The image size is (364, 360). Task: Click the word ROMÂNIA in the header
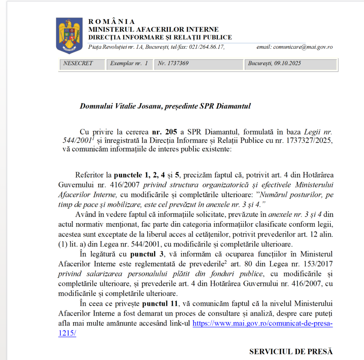click(x=111, y=22)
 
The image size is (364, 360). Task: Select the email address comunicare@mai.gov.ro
click(x=302, y=47)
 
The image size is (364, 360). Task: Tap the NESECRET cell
click(x=78, y=64)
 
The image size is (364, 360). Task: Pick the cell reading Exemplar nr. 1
click(x=129, y=64)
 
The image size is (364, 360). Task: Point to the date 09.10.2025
click(x=288, y=64)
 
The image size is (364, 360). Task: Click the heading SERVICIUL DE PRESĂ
click(x=291, y=351)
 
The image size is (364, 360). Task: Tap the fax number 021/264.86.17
click(x=206, y=47)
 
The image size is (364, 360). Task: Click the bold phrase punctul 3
click(x=148, y=254)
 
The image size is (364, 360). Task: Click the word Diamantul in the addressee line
click(x=234, y=106)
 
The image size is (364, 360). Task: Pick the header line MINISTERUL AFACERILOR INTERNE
click(x=153, y=29)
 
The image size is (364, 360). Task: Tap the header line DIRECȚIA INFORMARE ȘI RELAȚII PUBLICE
click(x=160, y=37)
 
